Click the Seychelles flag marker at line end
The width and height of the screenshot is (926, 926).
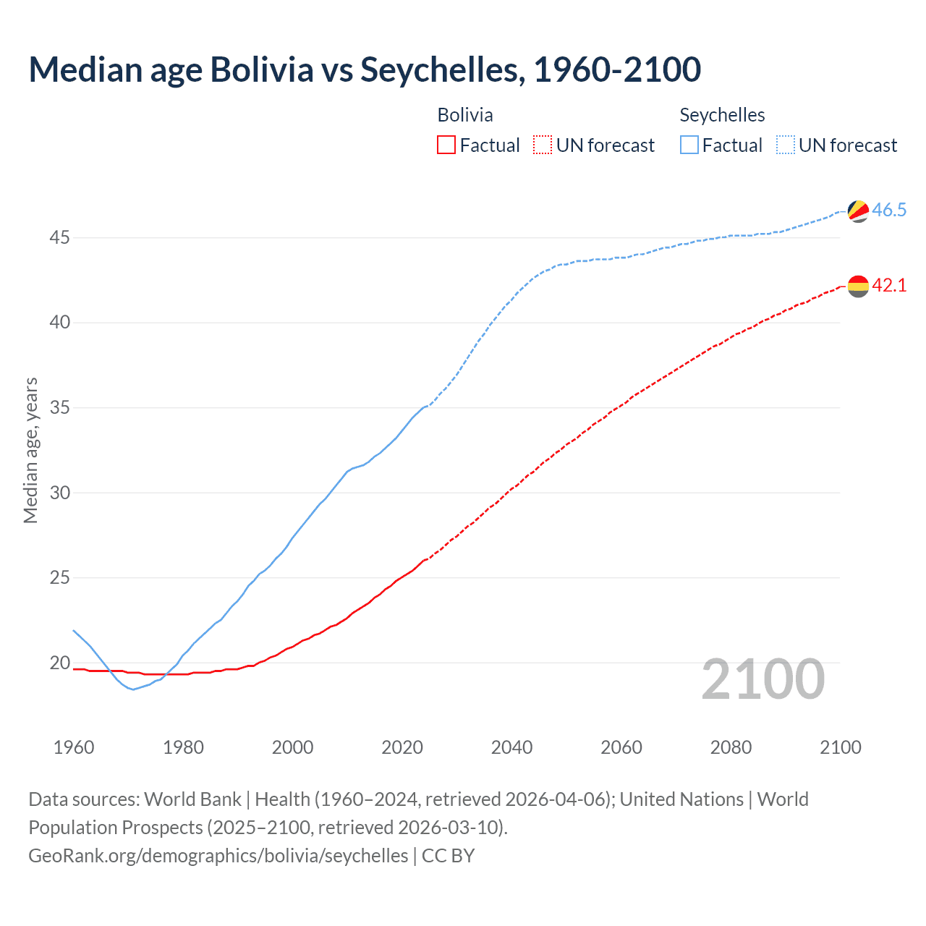point(858,211)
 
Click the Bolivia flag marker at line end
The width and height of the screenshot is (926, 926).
point(858,286)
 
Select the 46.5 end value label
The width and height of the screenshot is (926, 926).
point(889,211)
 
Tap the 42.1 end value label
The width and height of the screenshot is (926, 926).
point(889,286)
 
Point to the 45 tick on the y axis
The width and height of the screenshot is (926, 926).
point(59,237)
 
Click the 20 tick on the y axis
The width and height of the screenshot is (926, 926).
point(59,663)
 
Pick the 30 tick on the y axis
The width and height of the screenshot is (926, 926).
point(59,493)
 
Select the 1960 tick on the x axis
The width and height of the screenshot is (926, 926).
point(74,747)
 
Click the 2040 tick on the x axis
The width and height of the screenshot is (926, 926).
point(511,747)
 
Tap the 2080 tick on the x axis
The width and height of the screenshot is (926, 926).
point(731,747)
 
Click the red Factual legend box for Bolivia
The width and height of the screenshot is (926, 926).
point(446,145)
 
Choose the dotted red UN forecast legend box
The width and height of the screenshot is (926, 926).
point(543,145)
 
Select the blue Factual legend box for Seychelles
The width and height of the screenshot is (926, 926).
point(689,145)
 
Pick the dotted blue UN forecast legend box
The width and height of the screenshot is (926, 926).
point(785,145)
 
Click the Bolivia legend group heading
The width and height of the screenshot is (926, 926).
point(465,115)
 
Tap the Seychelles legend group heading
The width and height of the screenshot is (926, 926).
point(722,115)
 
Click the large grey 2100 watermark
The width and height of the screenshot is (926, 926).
point(763,679)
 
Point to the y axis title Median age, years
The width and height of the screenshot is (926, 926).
point(30,450)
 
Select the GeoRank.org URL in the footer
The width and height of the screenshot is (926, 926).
point(218,856)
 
